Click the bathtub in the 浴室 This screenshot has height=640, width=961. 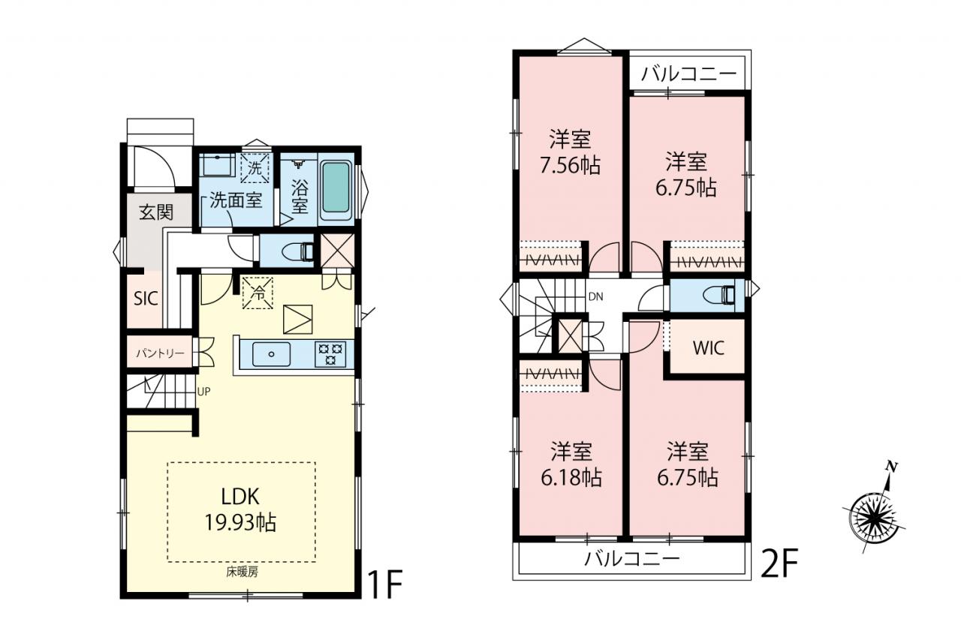pyautogui.click(x=336, y=187)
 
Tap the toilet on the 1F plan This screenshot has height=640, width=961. pyautogui.click(x=298, y=251)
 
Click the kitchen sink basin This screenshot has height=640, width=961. pyautogui.click(x=271, y=354)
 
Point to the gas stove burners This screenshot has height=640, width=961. pyautogui.click(x=330, y=354)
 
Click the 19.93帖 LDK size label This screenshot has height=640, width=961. pyautogui.click(x=240, y=523)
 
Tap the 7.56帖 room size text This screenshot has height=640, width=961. pyautogui.click(x=570, y=165)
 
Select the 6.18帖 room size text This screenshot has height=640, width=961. pyautogui.click(x=571, y=477)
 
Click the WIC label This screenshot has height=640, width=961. pyautogui.click(x=708, y=348)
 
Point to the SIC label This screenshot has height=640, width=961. pyautogui.click(x=146, y=299)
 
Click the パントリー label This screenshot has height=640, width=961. pyautogui.click(x=160, y=353)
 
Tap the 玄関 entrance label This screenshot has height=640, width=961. pyautogui.click(x=156, y=212)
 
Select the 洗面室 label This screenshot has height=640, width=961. pyautogui.click(x=236, y=200)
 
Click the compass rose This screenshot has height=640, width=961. pyautogui.click(x=873, y=519)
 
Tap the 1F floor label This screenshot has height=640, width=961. pyautogui.click(x=384, y=584)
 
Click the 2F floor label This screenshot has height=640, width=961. pyautogui.click(x=779, y=563)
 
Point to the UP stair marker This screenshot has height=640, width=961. pyautogui.click(x=203, y=392)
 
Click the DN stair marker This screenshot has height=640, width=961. pyautogui.click(x=596, y=296)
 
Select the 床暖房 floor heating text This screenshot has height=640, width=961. pyautogui.click(x=243, y=572)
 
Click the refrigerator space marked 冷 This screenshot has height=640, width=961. pyautogui.click(x=258, y=293)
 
